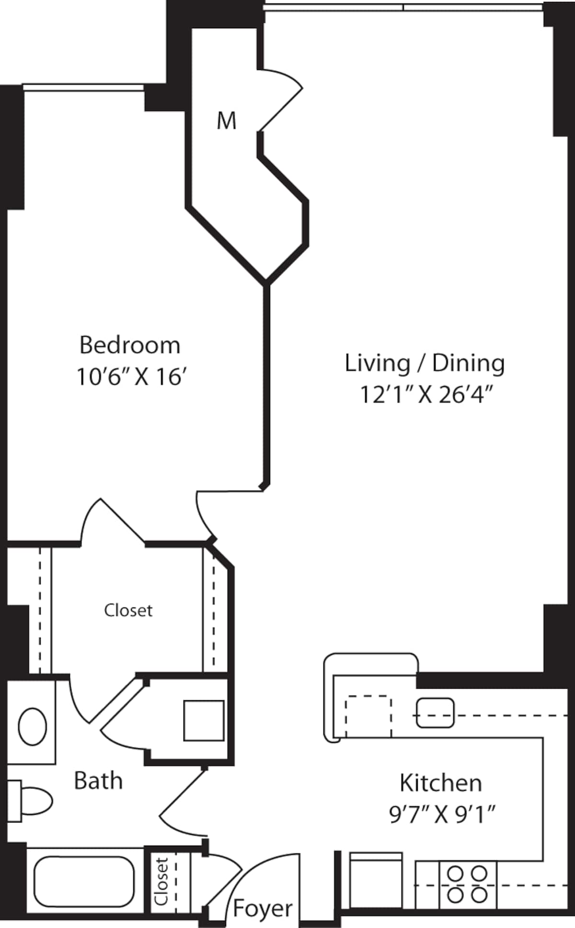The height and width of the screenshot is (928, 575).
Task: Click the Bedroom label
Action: (130, 345)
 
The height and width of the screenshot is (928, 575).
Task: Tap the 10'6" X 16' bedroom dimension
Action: (131, 377)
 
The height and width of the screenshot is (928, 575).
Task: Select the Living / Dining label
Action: (425, 364)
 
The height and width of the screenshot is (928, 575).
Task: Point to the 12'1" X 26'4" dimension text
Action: (426, 395)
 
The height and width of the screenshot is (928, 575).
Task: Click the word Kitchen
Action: (441, 783)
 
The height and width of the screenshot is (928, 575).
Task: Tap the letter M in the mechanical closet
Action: (226, 121)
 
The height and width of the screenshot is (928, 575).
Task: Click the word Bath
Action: (98, 781)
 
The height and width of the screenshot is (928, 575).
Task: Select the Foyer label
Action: (263, 908)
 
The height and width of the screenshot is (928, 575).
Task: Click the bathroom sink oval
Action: (33, 726)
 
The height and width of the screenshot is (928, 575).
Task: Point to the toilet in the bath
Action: (30, 801)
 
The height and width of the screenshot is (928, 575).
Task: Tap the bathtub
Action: (84, 881)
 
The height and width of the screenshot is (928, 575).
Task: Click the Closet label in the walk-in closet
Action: (128, 611)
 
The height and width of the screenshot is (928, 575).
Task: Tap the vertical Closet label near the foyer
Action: (162, 881)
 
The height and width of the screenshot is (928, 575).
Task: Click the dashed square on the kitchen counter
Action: (368, 716)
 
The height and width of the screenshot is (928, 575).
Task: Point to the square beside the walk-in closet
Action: (204, 720)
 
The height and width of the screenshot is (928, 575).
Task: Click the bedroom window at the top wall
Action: (83, 87)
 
